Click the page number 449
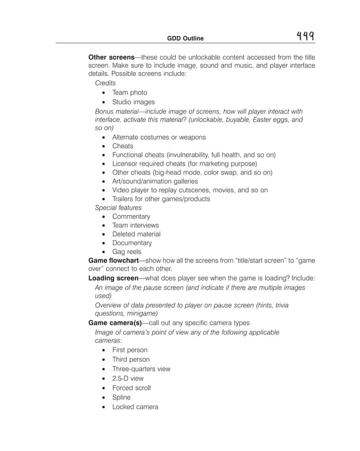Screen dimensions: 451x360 [x=305, y=37]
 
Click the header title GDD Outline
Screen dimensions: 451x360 [x=185, y=38]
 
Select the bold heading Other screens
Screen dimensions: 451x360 [x=112, y=57]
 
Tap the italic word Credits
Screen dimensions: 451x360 [x=106, y=83]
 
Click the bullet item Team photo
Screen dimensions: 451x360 [x=129, y=92]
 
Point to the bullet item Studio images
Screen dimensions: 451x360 [x=133, y=102]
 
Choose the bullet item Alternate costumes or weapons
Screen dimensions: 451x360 [x=159, y=137]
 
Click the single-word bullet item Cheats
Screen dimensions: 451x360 [x=122, y=146]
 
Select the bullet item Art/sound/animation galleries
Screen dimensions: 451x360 [x=155, y=181]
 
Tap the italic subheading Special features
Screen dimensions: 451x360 [x=118, y=207]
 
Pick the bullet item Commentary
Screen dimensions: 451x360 [x=131, y=216]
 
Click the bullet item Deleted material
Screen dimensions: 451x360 [x=136, y=234]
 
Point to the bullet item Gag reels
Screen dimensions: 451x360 [x=126, y=251]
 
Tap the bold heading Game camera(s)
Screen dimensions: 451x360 [x=115, y=323]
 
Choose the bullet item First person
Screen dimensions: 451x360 [x=130, y=350]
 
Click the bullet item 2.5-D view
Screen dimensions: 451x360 [x=128, y=379]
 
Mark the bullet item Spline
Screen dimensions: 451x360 [x=121, y=397]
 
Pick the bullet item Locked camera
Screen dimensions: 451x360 [x=135, y=406]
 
